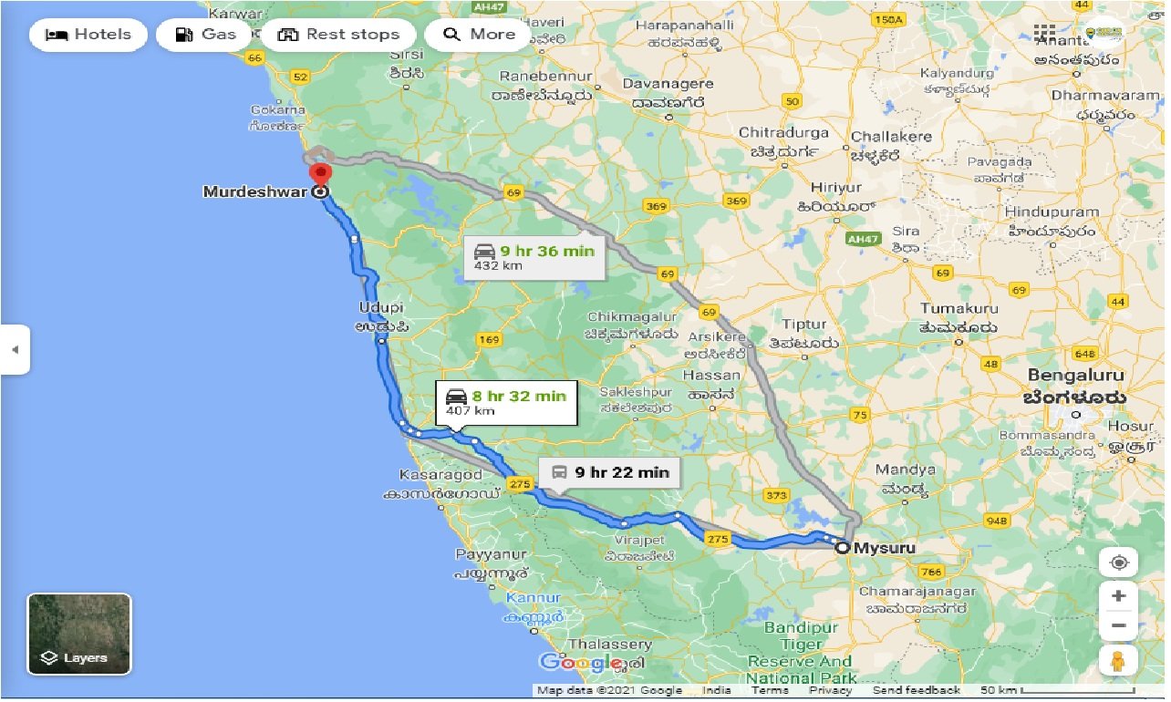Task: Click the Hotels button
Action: [88, 35]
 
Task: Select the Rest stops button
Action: [338, 35]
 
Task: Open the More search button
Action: [479, 35]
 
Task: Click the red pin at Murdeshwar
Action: [320, 173]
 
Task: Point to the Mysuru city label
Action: [885, 548]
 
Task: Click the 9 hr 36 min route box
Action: [534, 258]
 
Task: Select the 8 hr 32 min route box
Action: [506, 402]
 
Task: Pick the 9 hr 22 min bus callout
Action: [609, 472]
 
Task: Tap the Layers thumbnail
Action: [79, 634]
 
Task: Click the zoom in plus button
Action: [1118, 596]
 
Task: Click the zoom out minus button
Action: [1118, 626]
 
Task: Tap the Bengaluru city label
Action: [1076, 376]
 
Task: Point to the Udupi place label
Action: [380, 308]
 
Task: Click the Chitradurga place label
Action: [783, 133]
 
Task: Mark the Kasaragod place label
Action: [440, 475]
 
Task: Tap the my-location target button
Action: [1118, 563]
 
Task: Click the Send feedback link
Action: [916, 691]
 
